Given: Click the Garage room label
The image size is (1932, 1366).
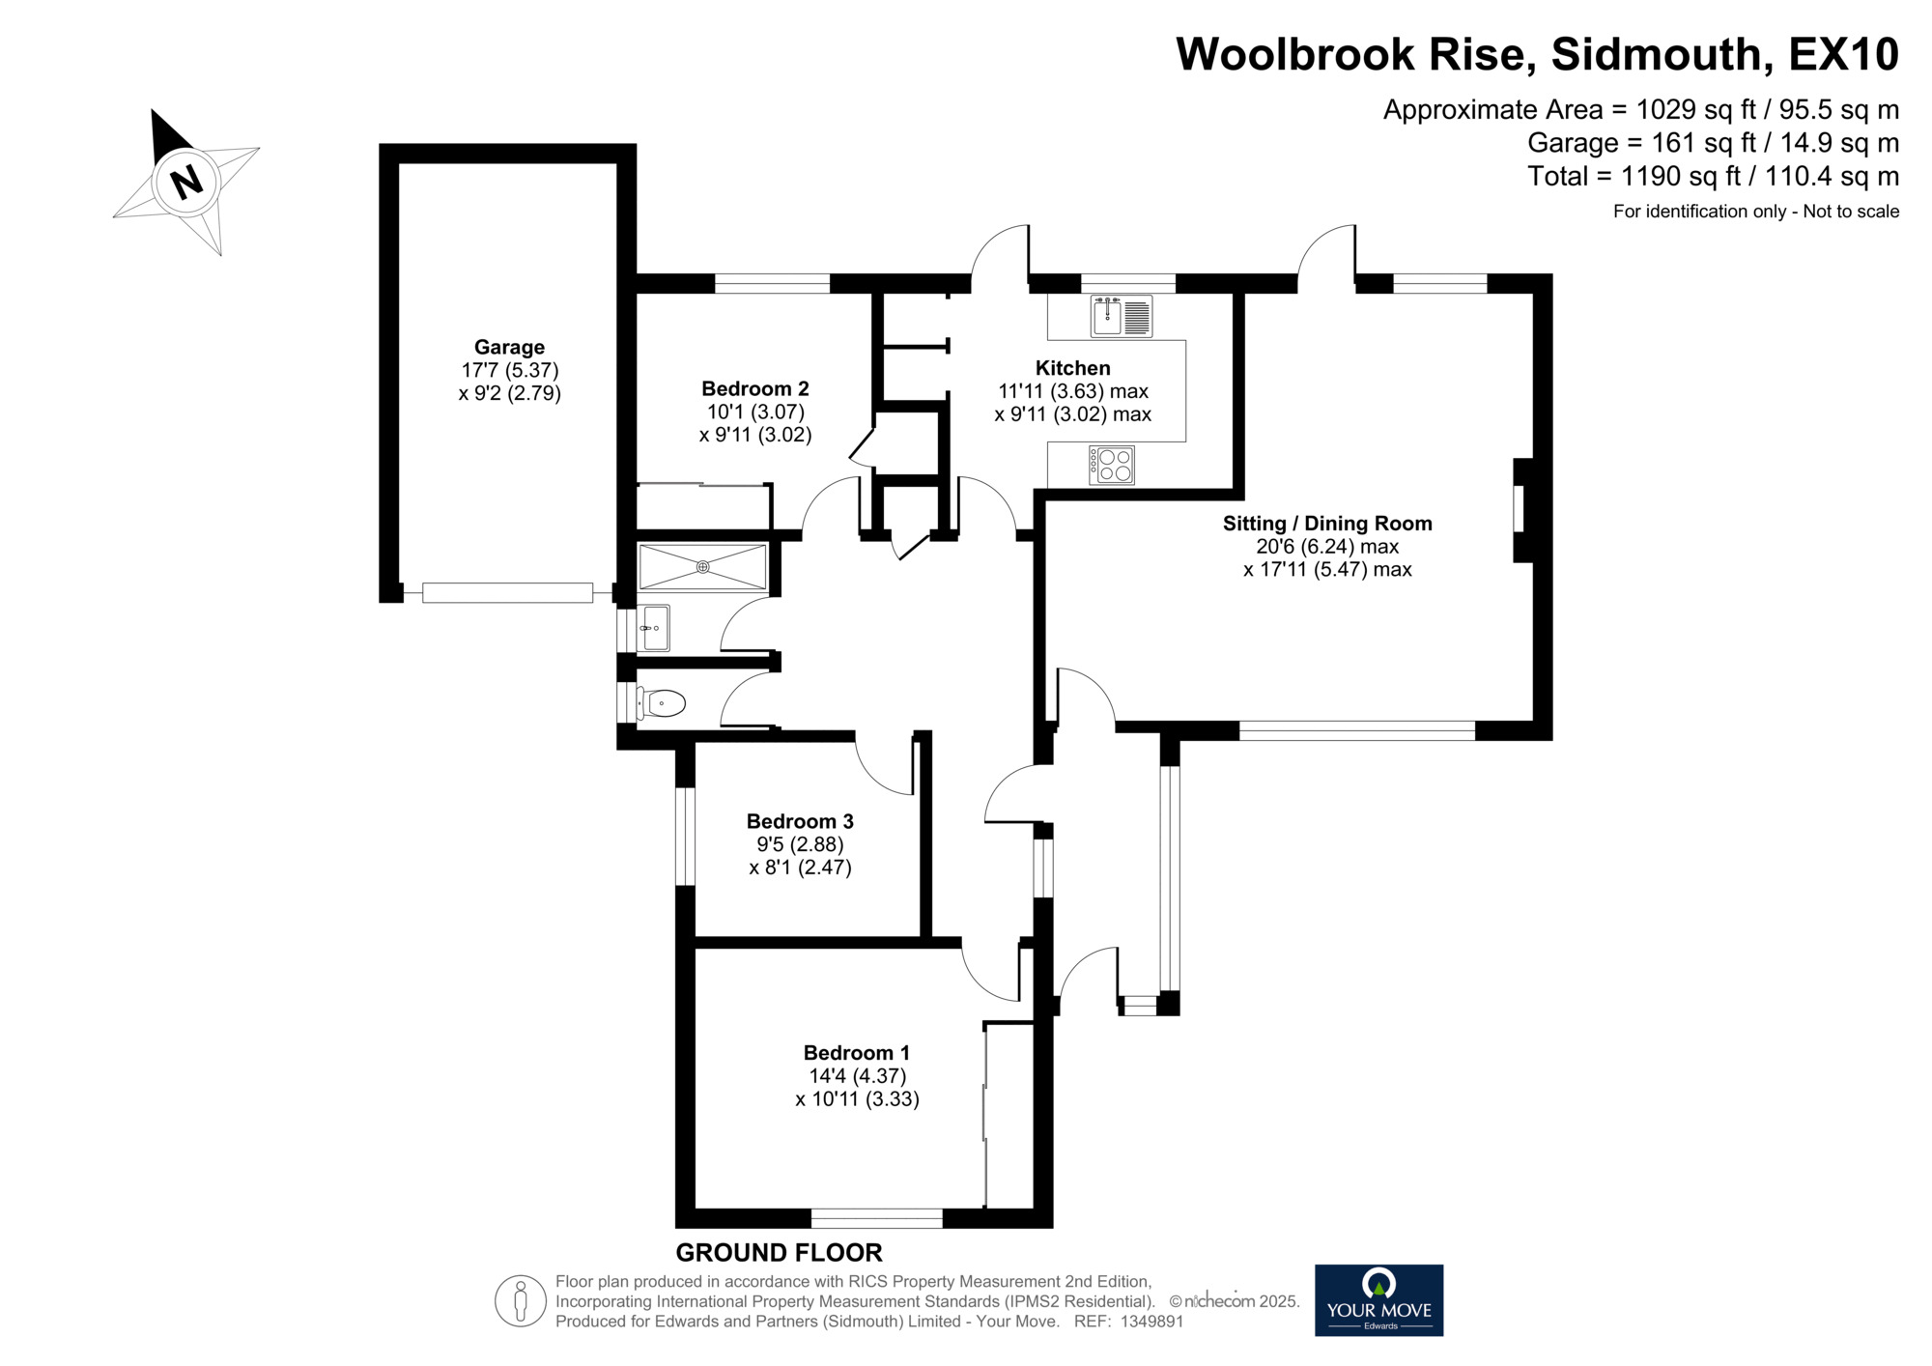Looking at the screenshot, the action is coord(509,348).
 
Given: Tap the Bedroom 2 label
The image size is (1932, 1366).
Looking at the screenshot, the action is coord(755,389).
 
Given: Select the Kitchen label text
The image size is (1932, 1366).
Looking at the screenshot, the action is coord(1073,368).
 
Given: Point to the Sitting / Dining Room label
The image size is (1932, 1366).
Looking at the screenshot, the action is coord(1327,524).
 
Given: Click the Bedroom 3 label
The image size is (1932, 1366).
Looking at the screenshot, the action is coord(800,822).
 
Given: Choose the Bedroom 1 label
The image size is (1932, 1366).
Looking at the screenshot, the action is coord(857,1053).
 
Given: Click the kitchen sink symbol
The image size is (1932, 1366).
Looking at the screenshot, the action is coord(1122,316).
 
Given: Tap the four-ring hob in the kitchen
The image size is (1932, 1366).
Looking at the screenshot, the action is coord(1111,465).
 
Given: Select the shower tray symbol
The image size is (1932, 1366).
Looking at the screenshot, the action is coord(702,567).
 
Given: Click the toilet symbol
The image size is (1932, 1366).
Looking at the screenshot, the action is coord(662,703).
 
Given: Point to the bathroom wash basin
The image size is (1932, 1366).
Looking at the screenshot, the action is coord(654,628).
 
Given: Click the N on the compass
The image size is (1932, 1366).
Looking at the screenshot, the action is coord(185,180).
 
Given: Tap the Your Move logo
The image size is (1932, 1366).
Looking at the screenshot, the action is coord(1378,1300).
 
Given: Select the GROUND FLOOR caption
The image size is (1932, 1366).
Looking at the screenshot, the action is coord(779,1253).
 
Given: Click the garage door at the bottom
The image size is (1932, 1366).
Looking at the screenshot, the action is coord(507,592).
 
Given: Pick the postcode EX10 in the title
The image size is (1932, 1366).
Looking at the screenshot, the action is coord(1844,54).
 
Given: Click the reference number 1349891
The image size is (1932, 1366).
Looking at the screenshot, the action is coord(1151,1322).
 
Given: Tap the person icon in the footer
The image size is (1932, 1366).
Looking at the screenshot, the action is coord(521,1300).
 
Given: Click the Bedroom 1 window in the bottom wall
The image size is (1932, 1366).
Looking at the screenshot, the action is coord(876,1218).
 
